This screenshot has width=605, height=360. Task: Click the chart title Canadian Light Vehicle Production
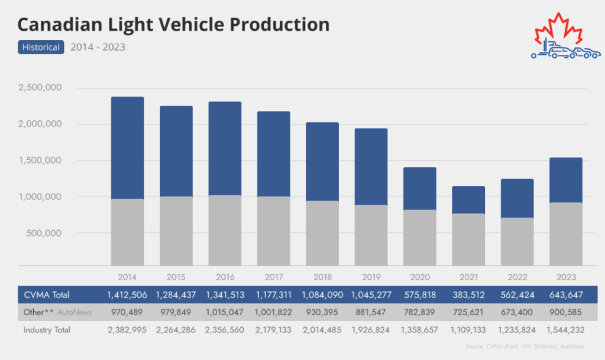[x=173, y=25]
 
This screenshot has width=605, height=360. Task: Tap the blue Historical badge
[x=41, y=47]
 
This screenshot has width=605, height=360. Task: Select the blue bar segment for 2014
[x=127, y=148]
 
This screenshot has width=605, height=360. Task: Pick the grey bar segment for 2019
[x=371, y=235]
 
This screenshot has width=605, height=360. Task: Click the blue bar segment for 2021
[x=468, y=200]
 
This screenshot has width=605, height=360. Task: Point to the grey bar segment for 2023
[x=566, y=234]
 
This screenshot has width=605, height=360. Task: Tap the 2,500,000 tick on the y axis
[x=40, y=88]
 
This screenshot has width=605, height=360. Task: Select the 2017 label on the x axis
[x=273, y=277]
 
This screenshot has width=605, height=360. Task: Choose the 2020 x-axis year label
[x=419, y=277]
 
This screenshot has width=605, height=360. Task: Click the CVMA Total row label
[x=47, y=294]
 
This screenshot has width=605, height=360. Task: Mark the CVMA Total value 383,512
[x=468, y=294]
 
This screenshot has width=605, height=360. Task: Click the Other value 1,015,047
[x=225, y=312]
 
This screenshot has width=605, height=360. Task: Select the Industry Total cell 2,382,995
[x=127, y=329]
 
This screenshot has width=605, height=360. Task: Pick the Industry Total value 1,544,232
[x=566, y=329]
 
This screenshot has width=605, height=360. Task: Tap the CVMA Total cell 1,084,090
[x=322, y=294]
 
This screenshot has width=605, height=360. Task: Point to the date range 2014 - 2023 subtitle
[x=98, y=47]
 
